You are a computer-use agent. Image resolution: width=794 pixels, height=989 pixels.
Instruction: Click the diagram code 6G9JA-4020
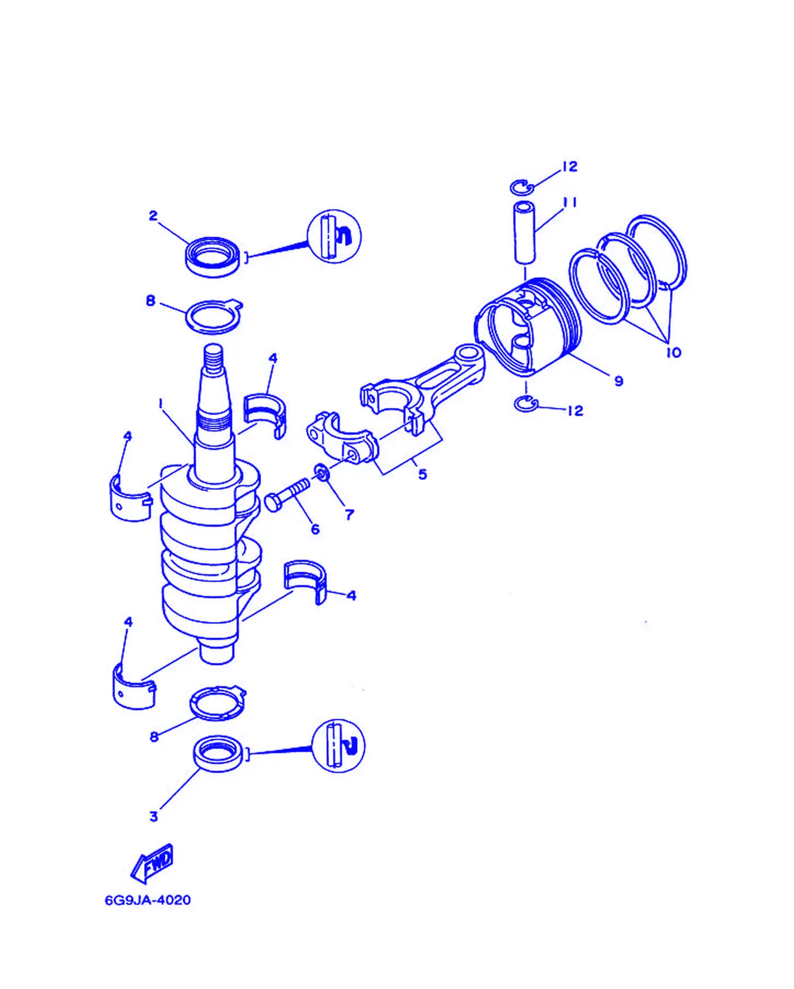148,900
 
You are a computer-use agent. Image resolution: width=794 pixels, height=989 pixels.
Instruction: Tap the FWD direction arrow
152,863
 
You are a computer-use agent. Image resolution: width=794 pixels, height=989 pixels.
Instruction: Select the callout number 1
161,403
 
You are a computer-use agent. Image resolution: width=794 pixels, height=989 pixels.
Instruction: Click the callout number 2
153,216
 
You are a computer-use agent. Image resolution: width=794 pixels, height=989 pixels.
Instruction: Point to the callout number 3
154,816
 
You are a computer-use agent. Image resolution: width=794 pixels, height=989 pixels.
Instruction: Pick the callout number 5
423,474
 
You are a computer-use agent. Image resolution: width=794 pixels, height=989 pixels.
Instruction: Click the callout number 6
315,529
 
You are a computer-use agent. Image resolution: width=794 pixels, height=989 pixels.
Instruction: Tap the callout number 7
349,514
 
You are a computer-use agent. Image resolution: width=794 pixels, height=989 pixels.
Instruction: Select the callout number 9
619,381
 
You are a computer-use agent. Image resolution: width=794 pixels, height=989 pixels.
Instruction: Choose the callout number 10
673,353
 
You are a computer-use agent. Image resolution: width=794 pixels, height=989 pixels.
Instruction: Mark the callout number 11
570,203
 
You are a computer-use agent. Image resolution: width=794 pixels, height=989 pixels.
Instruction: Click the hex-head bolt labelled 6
287,494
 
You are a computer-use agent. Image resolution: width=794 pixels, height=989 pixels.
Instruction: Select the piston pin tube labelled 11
524,232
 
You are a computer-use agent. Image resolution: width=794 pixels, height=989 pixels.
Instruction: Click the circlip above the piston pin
522,187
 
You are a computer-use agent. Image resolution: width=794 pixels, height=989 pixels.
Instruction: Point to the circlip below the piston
526,404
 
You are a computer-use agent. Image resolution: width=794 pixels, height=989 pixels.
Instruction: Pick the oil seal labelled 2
213,257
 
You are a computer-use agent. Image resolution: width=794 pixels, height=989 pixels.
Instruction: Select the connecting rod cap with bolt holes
343,438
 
